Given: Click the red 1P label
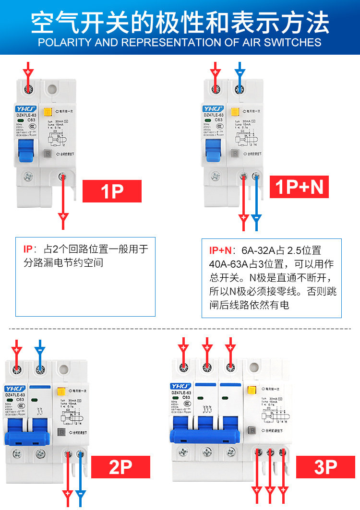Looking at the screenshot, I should point(112,191).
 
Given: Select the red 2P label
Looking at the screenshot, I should point(120,466).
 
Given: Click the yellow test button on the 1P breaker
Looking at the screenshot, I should point(48,112).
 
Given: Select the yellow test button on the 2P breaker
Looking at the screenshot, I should point(61,391).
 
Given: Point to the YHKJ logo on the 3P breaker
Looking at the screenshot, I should point(180,386).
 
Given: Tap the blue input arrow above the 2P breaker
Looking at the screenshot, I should point(40,348).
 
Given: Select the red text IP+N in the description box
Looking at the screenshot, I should point(220,250).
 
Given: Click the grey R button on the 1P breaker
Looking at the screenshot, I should point(48,154).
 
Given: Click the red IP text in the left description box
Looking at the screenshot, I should point(28,249).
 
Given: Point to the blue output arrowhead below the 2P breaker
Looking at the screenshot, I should point(81,494).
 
